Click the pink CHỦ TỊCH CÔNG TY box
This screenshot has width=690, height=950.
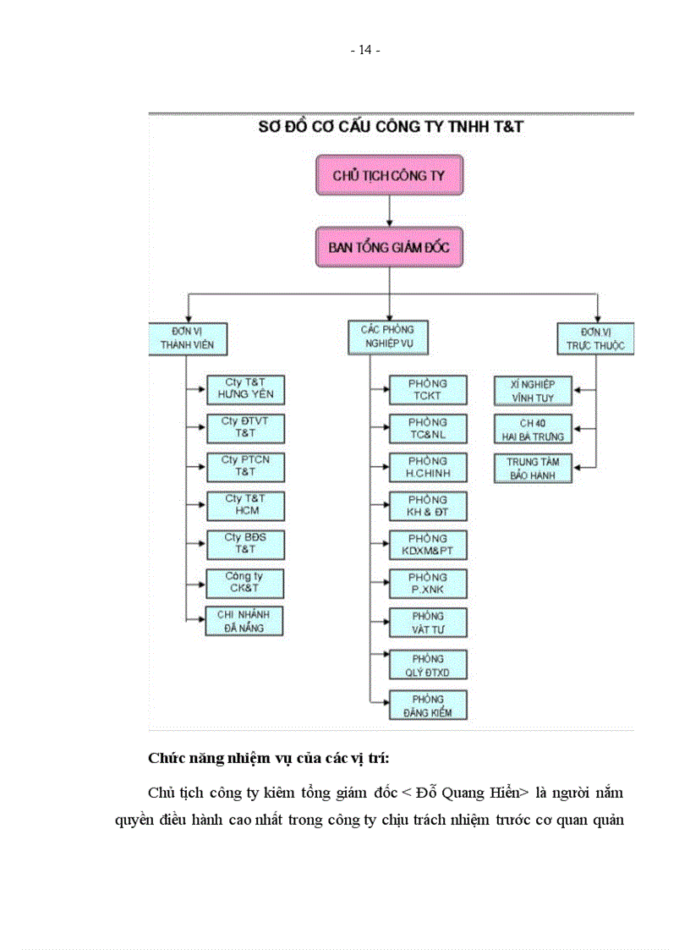(x=389, y=176)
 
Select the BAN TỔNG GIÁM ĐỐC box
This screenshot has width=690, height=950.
(x=389, y=247)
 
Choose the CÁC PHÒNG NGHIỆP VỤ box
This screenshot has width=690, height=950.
(x=388, y=337)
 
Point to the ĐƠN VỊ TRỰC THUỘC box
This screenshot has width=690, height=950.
(x=595, y=337)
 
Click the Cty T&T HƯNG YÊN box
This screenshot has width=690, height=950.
(x=245, y=389)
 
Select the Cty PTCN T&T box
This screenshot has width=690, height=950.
(x=245, y=466)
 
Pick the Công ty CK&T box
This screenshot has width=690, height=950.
(x=245, y=583)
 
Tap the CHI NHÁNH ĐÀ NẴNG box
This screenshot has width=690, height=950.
(x=245, y=621)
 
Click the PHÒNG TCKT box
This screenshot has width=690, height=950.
(x=428, y=389)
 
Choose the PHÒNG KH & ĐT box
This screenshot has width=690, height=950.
(x=428, y=505)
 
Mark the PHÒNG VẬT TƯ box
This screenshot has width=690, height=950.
(x=428, y=622)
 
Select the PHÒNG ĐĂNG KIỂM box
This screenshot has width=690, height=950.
(x=428, y=706)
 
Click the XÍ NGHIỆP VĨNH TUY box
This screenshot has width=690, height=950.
(x=534, y=390)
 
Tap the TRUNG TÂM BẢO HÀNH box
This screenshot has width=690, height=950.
(x=534, y=468)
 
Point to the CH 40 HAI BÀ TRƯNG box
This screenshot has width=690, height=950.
(x=534, y=429)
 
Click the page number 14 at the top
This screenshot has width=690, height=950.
(x=365, y=50)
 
